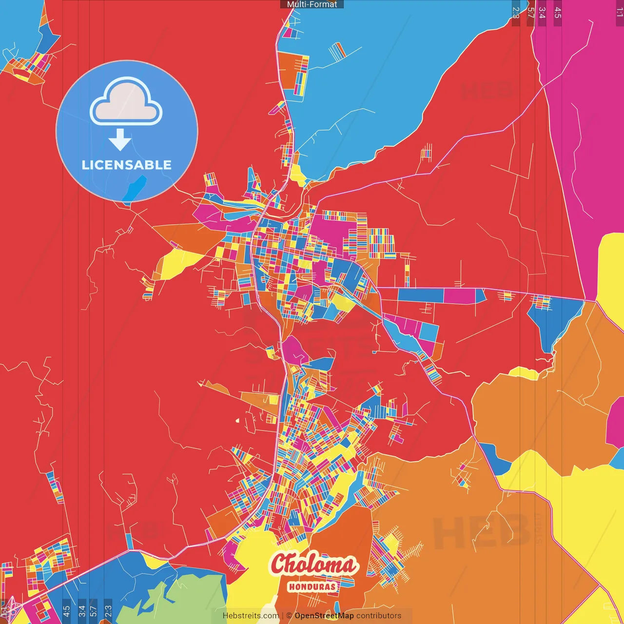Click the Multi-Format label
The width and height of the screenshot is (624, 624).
(x=312, y=4)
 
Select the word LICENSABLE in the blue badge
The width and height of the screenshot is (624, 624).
(x=127, y=165)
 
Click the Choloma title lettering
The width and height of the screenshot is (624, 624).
(x=313, y=565)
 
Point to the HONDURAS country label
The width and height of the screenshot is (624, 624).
(x=312, y=586)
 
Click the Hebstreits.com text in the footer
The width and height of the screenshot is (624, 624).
(x=251, y=616)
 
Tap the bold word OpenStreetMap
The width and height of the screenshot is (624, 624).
(x=324, y=616)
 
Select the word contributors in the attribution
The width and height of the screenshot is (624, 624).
(x=379, y=616)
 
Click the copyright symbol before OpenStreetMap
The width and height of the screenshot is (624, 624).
(x=289, y=616)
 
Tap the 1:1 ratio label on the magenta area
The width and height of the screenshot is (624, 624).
(x=619, y=12)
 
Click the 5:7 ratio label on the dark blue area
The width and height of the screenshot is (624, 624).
(x=93, y=610)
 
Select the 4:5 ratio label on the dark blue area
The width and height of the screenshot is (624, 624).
(x=66, y=610)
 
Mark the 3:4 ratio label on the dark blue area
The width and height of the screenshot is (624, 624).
(x=82, y=610)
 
